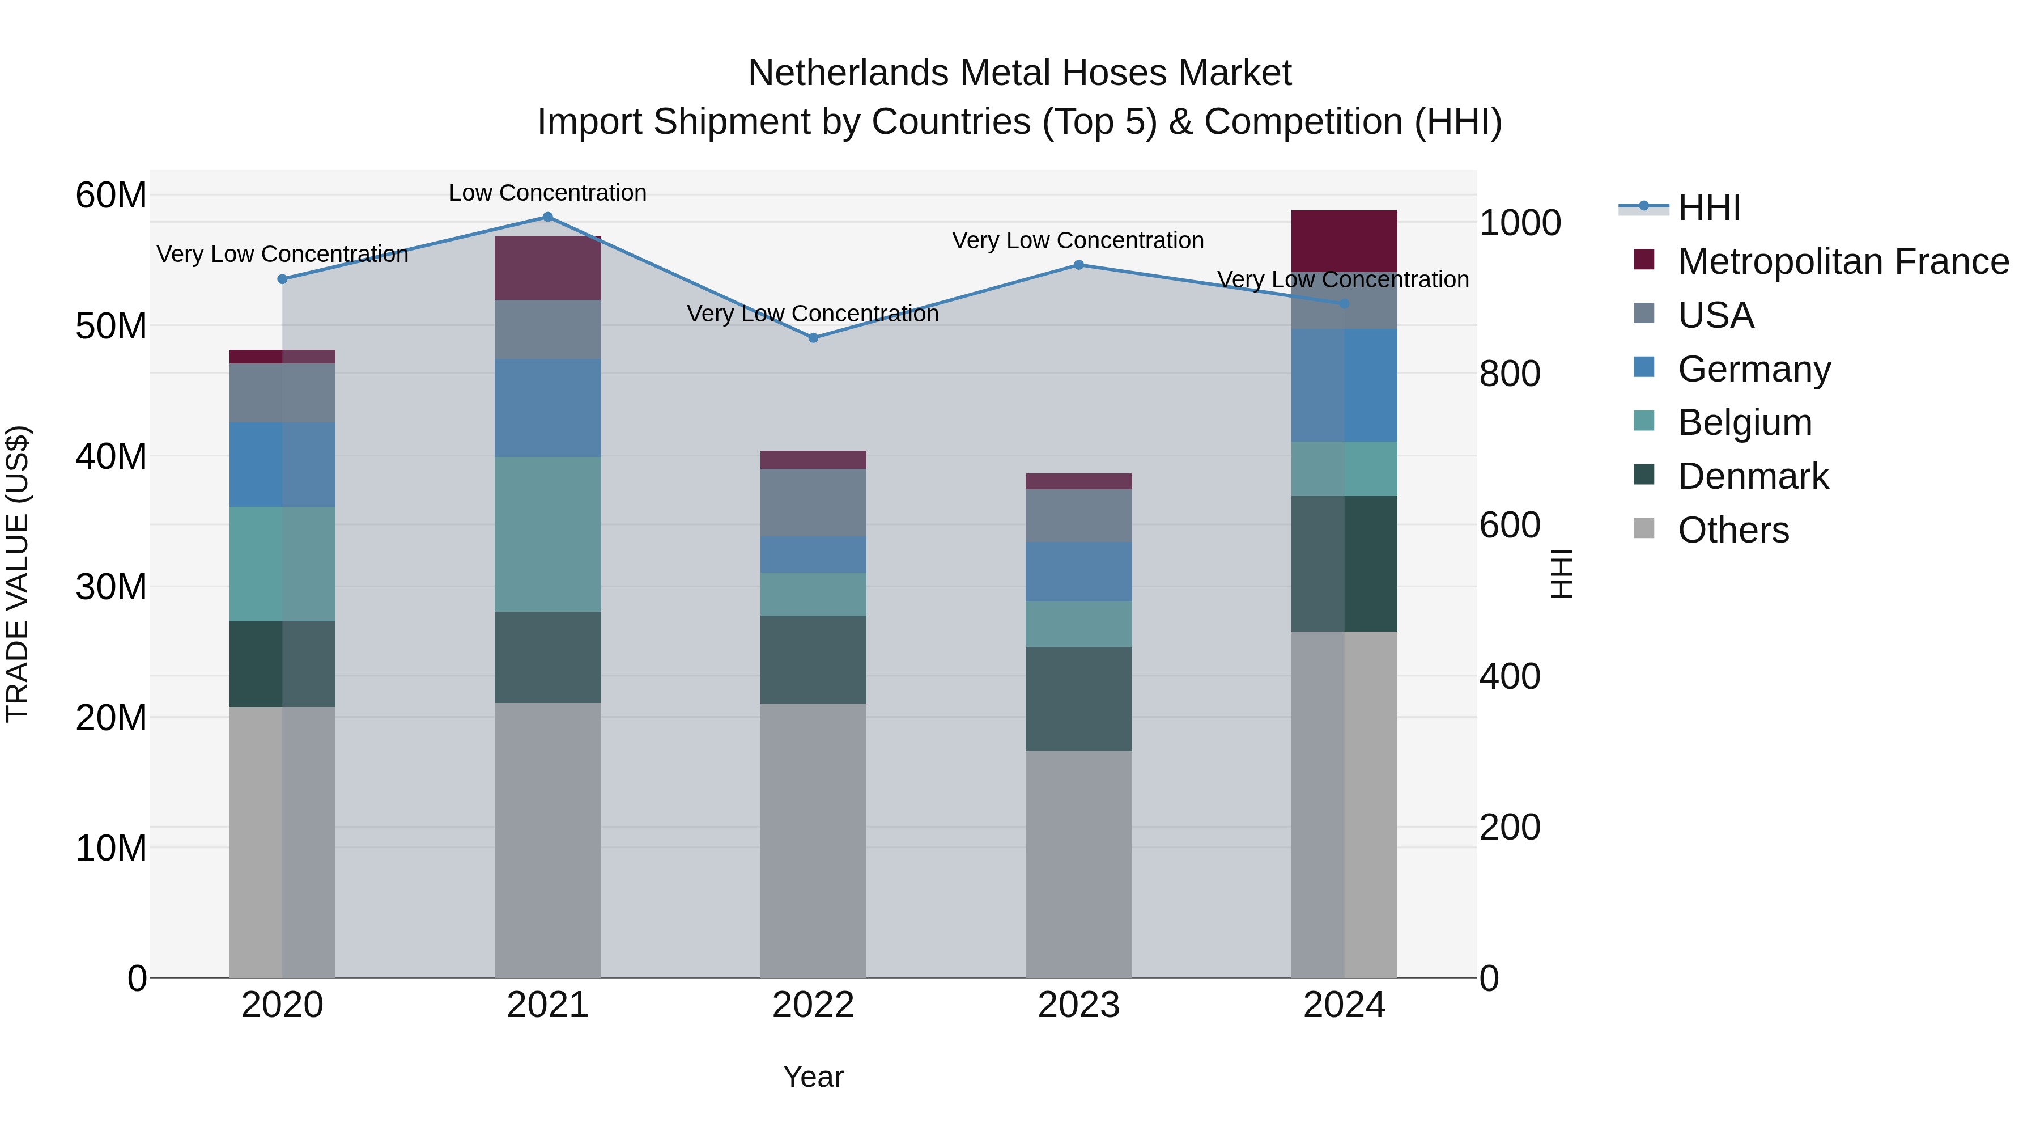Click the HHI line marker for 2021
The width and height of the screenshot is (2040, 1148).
pos(547,217)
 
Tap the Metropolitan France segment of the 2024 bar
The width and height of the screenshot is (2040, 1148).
pos(1344,241)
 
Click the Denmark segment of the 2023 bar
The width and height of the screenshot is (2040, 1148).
pos(1078,699)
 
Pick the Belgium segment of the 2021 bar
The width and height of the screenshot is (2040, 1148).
pos(547,534)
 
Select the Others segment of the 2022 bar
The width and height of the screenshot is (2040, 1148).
pos(813,840)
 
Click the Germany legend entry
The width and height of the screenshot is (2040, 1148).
pos(1753,369)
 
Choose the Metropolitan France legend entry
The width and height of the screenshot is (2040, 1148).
pos(1843,261)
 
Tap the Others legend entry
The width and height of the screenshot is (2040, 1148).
pos(1733,530)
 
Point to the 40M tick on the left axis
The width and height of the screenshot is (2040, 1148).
pos(111,456)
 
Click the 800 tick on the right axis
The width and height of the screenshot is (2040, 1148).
pos(1510,374)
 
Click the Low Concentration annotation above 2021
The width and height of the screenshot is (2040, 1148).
pos(547,193)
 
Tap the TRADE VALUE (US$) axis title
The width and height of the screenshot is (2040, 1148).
pos(18,574)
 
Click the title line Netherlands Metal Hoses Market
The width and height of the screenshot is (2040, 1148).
pos(1019,73)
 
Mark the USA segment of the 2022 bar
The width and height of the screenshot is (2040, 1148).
pos(813,502)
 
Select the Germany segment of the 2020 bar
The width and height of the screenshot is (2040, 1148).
pos(282,464)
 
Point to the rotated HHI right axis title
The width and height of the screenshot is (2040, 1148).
pos(1560,574)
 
